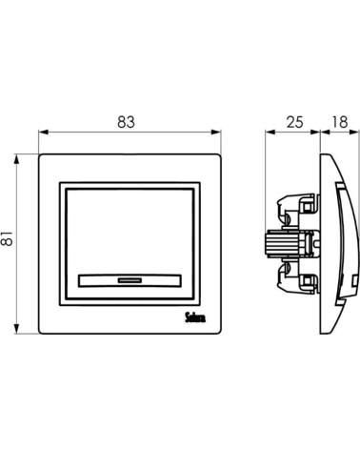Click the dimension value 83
tap(126, 122)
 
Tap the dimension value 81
tap(8, 238)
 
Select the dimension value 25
tap(294, 122)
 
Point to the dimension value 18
tap(340, 122)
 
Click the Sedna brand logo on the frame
tap(195, 317)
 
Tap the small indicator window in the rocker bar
tap(130, 280)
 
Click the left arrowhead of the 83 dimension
tap(43, 132)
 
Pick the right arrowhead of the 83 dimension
tap(216, 132)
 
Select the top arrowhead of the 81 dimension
tap(16, 159)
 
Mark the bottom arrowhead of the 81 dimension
tap(16, 329)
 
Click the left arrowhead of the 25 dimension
tap(270, 132)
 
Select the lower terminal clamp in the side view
tap(297, 277)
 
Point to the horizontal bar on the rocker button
tap(130, 280)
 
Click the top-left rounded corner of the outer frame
tap(40, 155)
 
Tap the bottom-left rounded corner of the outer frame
tap(40, 333)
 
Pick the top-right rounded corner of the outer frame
tap(220, 155)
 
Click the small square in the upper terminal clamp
tap(307, 208)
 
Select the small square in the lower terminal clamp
tap(307, 280)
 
